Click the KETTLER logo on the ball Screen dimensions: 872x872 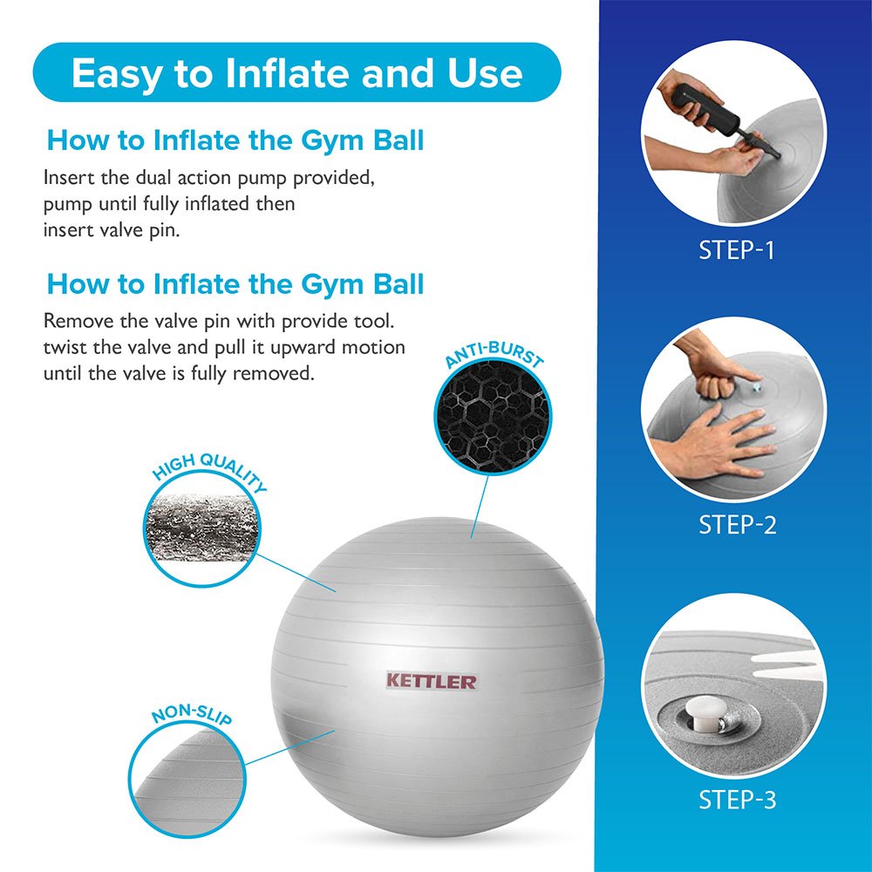(432, 680)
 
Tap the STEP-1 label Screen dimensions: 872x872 (736, 250)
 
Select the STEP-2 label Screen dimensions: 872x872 (736, 525)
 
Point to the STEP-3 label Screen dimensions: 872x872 (736, 799)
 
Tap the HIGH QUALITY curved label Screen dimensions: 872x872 (209, 470)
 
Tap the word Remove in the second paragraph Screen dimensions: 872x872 (76, 320)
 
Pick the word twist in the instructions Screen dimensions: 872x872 (65, 347)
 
